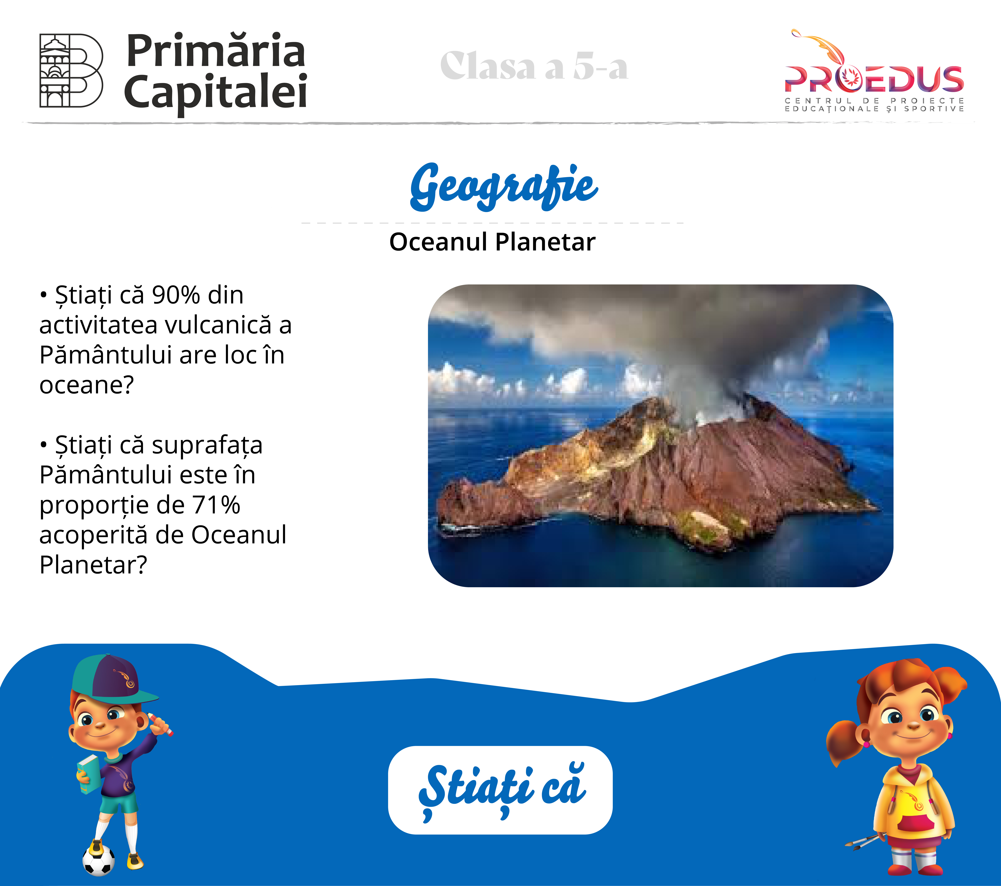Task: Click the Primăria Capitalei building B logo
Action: [x=71, y=70]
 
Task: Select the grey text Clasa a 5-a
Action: [x=534, y=66]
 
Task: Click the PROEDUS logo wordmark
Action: [x=874, y=79]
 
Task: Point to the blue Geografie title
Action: [x=503, y=187]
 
